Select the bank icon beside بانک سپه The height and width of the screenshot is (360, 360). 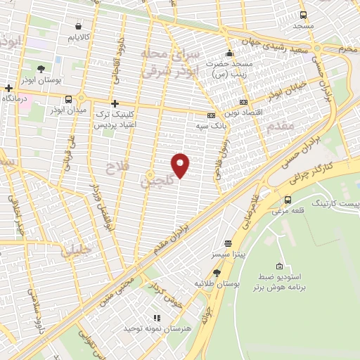211,116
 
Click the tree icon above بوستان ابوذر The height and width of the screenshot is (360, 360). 41,69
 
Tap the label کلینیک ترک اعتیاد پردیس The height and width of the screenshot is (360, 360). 115,118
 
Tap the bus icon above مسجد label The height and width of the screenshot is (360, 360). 303,15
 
